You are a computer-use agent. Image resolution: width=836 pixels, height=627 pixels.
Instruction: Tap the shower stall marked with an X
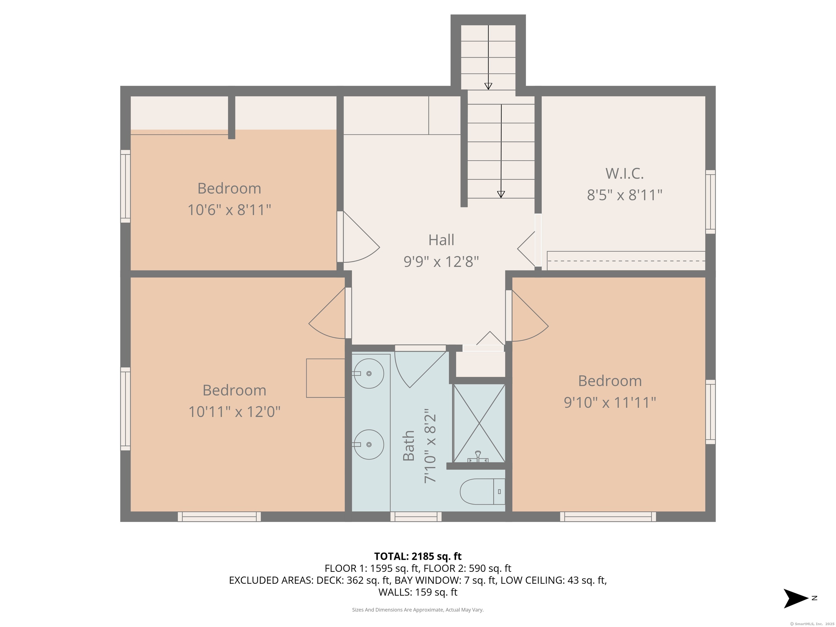[x=479, y=423]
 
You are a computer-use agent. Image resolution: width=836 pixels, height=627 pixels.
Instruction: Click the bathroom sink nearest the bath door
[x=368, y=373]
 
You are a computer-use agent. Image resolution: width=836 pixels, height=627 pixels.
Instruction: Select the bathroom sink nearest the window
[x=368, y=444]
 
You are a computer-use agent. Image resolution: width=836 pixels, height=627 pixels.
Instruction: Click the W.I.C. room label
[x=624, y=173]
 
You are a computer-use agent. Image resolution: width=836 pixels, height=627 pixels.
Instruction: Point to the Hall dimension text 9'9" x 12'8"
[x=441, y=261]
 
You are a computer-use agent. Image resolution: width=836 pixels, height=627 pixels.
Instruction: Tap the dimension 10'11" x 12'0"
[x=234, y=411]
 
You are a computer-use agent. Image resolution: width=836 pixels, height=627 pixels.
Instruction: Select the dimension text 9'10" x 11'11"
[x=610, y=402]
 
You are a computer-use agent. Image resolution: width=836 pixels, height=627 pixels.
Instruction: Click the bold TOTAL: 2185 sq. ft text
[x=418, y=556]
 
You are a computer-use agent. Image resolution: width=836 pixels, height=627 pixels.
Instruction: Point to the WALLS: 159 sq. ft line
[x=418, y=592]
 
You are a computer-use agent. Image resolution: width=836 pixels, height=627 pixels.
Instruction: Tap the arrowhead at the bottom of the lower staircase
[x=501, y=194]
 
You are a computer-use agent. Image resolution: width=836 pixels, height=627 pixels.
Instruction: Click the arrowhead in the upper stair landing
[x=488, y=86]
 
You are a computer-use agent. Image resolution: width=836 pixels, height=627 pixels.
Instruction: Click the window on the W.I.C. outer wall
[x=710, y=202]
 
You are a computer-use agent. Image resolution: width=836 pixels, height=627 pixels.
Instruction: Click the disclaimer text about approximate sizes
[x=418, y=610]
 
